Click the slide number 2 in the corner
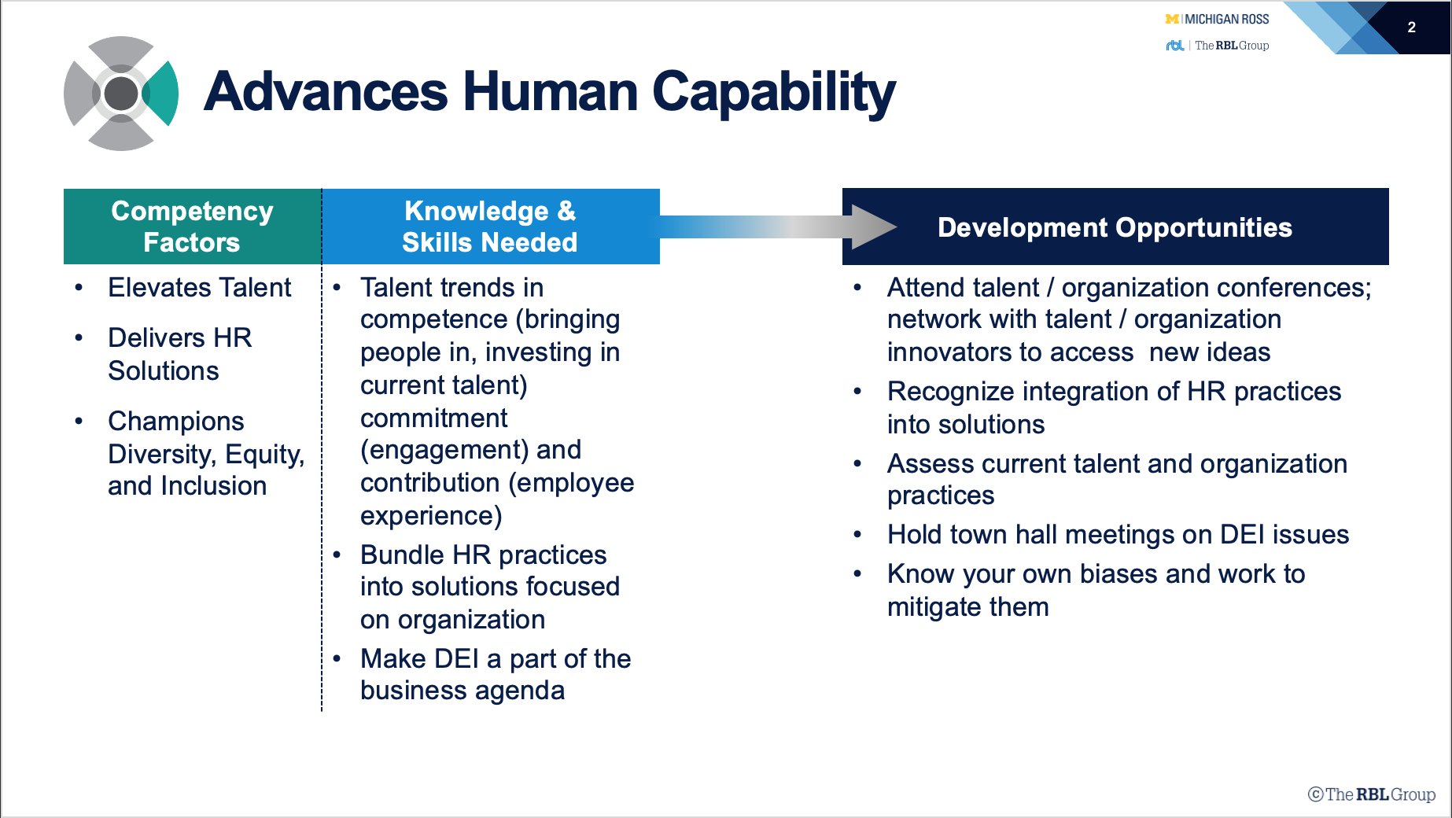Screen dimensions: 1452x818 (x=1411, y=28)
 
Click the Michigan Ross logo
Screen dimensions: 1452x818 (x=1217, y=19)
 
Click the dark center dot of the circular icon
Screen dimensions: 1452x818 (x=121, y=94)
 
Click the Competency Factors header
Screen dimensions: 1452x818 (x=192, y=227)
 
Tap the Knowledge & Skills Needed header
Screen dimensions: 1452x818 (x=490, y=227)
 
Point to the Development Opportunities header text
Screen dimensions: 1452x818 (x=1115, y=227)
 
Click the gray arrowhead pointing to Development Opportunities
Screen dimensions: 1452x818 (x=874, y=227)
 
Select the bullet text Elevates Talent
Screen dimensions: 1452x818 (x=200, y=288)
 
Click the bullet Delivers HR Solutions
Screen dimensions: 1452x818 (x=180, y=354)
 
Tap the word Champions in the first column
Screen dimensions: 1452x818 (x=176, y=422)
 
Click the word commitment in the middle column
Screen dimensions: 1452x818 (x=434, y=418)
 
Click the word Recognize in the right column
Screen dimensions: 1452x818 (x=951, y=392)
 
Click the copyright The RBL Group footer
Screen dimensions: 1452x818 (x=1372, y=794)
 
